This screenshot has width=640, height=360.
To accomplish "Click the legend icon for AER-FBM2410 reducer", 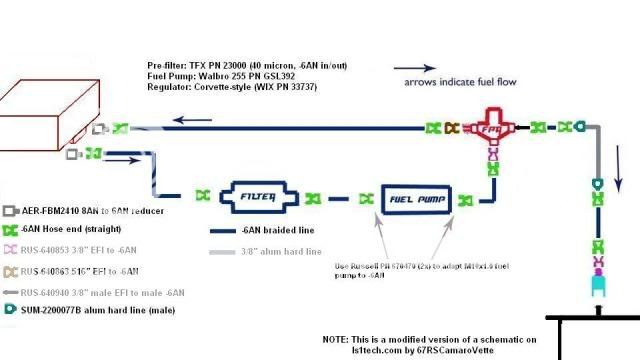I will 10,212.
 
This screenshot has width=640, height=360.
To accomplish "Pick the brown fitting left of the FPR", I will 451,128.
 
